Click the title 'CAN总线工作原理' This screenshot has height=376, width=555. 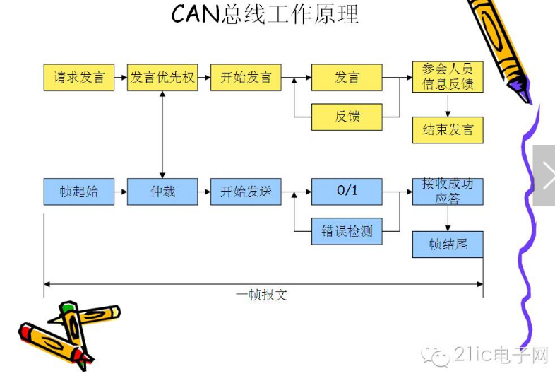click(265, 14)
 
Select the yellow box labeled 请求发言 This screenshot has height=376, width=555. click(78, 77)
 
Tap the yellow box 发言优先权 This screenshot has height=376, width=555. click(162, 77)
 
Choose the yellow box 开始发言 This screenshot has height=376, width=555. click(246, 77)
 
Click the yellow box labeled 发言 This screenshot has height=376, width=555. click(347, 77)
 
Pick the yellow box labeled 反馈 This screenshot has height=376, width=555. click(347, 117)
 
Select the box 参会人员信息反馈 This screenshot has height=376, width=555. click(448, 77)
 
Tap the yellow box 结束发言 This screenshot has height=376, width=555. click(448, 130)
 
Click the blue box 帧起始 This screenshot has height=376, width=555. click(78, 192)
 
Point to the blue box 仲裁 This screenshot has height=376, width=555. click(162, 192)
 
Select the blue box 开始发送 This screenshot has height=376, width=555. click(246, 192)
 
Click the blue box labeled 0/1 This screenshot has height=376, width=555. click(347, 192)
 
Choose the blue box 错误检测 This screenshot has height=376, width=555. click(347, 231)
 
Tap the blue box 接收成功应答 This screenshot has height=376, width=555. click(448, 192)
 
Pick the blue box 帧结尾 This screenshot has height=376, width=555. click(448, 245)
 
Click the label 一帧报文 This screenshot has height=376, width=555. click(261, 295)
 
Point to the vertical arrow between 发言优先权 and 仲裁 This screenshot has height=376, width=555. click(163, 134)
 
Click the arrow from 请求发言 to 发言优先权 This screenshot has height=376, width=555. click(121, 77)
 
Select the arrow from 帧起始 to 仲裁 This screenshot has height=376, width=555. click(121, 192)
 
